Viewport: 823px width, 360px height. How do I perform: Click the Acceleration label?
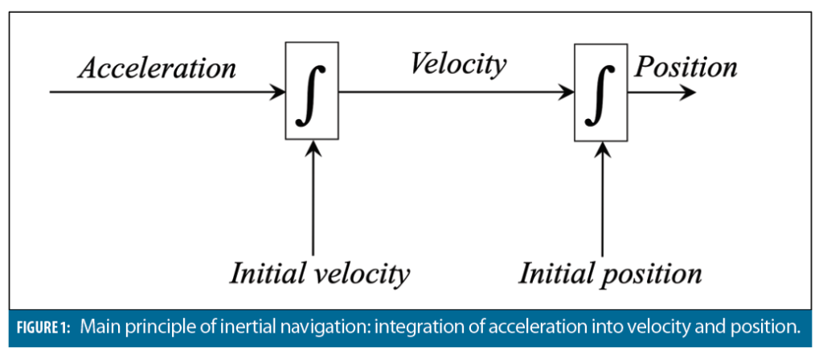(x=157, y=67)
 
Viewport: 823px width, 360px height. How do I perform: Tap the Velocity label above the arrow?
(x=458, y=64)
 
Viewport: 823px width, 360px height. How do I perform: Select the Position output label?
(x=686, y=66)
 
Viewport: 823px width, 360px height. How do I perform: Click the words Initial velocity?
(x=320, y=274)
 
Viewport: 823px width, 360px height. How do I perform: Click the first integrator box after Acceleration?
(x=313, y=91)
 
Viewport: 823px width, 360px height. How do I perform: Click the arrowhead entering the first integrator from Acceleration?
(x=279, y=92)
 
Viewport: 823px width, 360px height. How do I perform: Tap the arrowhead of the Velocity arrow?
(x=567, y=92)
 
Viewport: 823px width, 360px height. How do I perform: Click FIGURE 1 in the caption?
(x=42, y=328)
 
